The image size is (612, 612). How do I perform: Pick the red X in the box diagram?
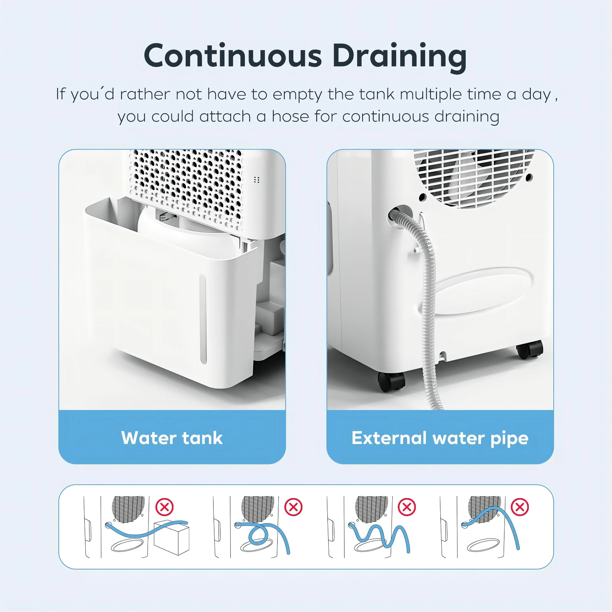164,507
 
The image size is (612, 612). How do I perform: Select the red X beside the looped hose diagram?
293,507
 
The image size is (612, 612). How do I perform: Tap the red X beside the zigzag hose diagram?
407,507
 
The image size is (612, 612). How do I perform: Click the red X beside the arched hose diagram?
520,507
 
